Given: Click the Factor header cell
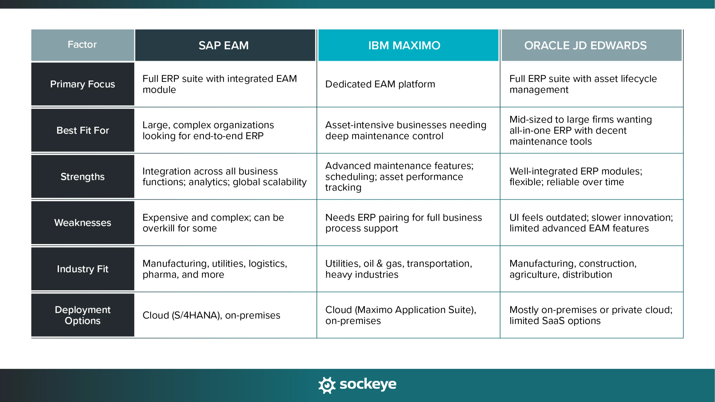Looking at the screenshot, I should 82,45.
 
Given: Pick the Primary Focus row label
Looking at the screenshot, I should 82,84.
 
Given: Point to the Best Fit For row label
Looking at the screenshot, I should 82,130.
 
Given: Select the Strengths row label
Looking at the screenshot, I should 82,176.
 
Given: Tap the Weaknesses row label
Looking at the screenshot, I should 82,223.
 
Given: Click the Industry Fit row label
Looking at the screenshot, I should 82,269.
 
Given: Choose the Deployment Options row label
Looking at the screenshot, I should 82,315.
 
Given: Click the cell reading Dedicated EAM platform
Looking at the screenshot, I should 380,84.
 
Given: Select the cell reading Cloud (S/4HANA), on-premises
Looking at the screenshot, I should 211,315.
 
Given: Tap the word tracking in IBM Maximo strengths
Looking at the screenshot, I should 343,188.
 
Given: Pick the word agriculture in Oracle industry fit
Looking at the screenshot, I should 533,275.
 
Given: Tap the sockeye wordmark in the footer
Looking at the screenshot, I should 368,384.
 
